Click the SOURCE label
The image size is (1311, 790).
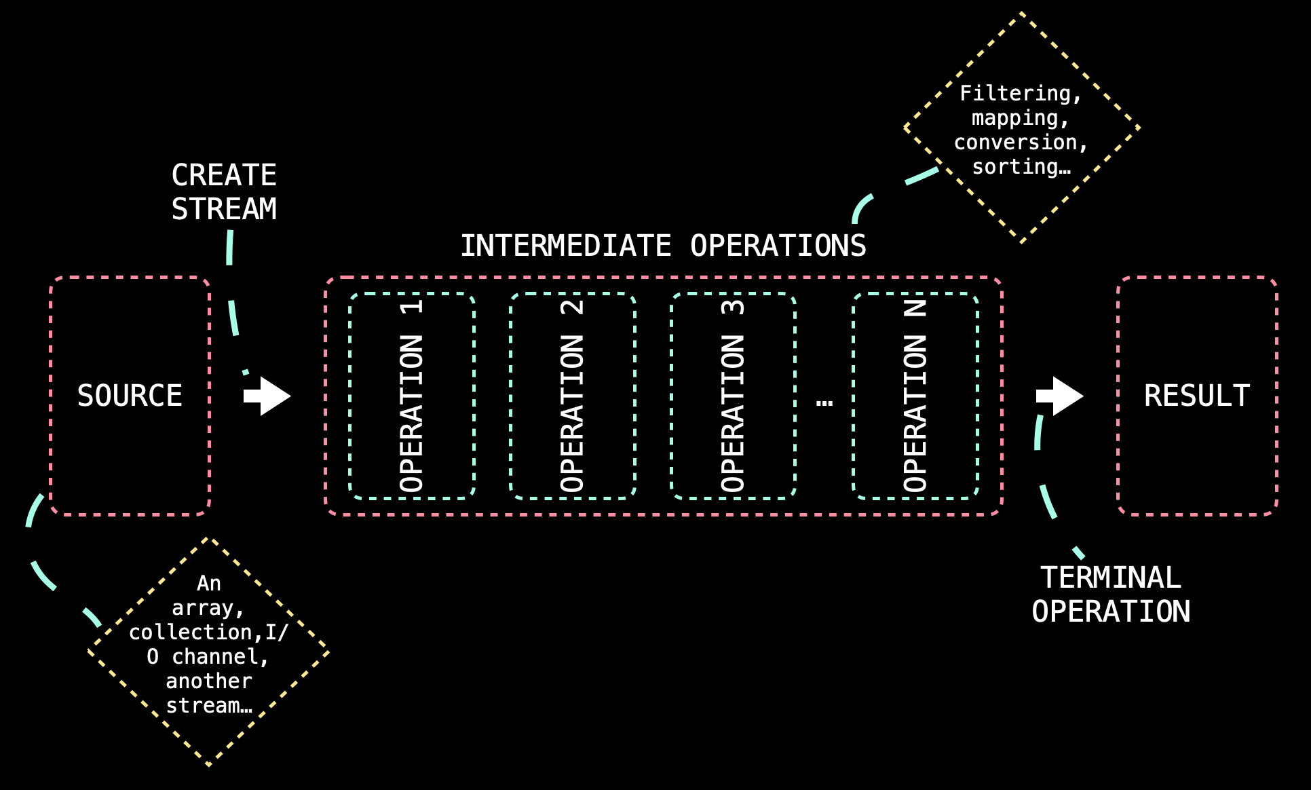(130, 396)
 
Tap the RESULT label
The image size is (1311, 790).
(1197, 396)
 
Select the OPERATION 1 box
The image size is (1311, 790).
(411, 396)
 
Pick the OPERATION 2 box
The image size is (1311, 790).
(572, 396)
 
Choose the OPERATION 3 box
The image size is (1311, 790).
(733, 396)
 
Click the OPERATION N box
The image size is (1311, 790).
(915, 396)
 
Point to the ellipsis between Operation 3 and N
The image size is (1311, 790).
(824, 402)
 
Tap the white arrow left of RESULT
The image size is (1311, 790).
(1060, 396)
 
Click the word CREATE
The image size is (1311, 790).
(224, 175)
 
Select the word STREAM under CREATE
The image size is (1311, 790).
(224, 209)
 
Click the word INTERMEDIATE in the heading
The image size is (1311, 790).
(566, 246)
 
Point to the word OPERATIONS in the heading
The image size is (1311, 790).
(778, 246)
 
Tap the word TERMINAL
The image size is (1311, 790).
(1111, 578)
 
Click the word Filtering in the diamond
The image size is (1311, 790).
(1015, 94)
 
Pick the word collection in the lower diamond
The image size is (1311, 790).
(191, 633)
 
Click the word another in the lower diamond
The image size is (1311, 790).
(209, 681)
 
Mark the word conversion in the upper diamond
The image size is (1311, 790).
(1016, 143)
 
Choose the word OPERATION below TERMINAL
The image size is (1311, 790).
(1111, 612)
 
